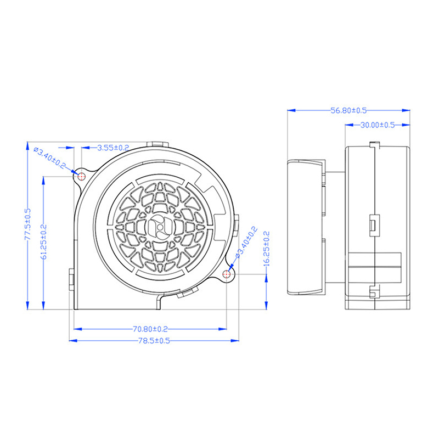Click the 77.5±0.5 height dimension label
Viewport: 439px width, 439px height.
(x=28, y=224)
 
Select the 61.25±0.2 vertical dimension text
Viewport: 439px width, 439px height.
(x=44, y=241)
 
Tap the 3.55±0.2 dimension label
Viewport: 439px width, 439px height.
(x=113, y=148)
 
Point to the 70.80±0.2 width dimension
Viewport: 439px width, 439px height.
(x=150, y=329)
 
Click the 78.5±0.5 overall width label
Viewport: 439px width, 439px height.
(x=154, y=341)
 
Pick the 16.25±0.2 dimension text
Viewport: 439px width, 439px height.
(x=266, y=249)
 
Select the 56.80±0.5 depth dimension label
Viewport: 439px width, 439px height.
(x=348, y=110)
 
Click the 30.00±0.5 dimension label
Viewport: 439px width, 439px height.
(x=378, y=125)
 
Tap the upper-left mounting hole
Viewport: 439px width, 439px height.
(x=81, y=177)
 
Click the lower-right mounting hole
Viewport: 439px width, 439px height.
(x=227, y=274)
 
